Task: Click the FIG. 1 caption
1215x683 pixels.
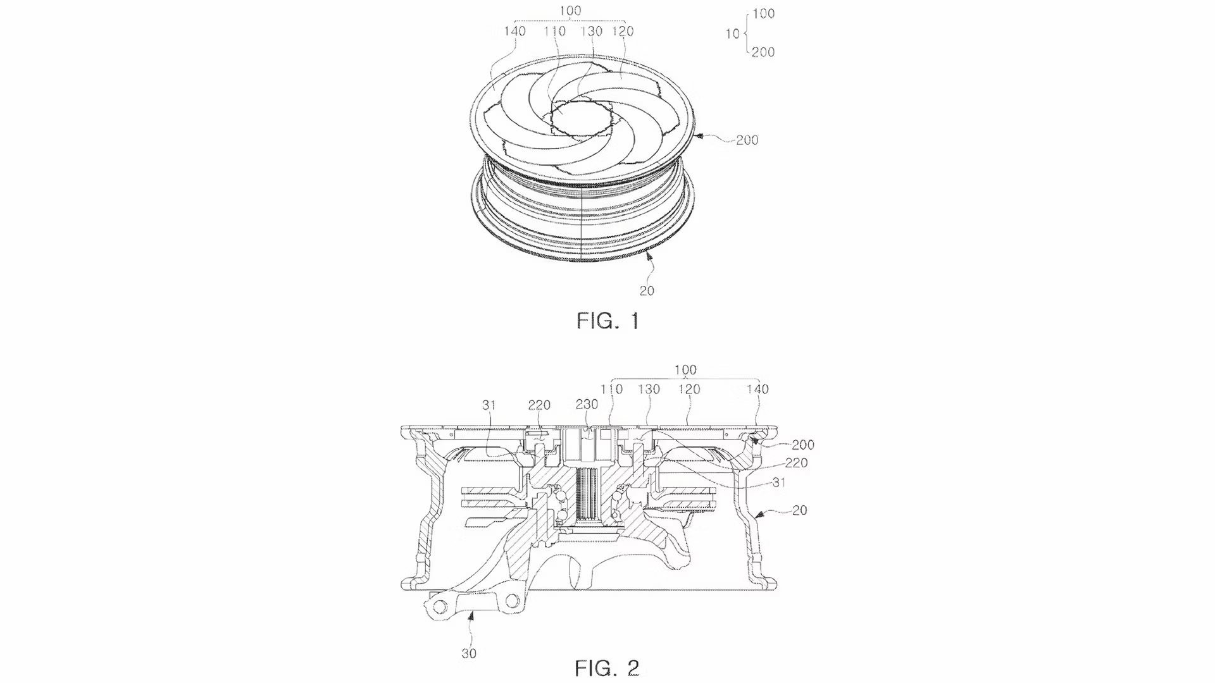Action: pos(607,321)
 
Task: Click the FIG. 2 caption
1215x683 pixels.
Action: pos(607,667)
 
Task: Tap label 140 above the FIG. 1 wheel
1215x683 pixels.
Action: pos(516,31)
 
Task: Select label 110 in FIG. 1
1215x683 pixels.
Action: pos(556,31)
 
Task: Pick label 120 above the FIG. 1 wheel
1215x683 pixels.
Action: pos(623,31)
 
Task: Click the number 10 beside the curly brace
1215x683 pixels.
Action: pos(732,33)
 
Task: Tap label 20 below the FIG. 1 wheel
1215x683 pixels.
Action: pos(647,290)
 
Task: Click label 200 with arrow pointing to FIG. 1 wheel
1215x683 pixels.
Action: pos(747,140)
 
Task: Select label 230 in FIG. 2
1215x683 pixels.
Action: pos(587,405)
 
